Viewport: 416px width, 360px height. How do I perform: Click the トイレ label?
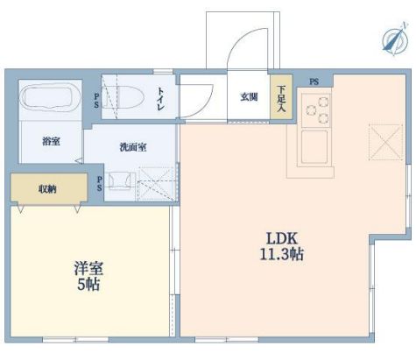[163, 97]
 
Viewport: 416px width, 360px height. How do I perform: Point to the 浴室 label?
[50, 140]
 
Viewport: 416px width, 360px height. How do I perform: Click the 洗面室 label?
[133, 146]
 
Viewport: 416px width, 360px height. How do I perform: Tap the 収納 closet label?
[48, 187]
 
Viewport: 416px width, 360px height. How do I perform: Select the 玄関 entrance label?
[248, 97]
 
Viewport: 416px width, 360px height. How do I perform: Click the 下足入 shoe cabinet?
[281, 98]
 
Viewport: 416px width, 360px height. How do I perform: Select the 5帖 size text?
[88, 286]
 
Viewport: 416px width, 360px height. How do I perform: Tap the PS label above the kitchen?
[313, 81]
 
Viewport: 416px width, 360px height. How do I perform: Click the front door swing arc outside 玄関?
[248, 48]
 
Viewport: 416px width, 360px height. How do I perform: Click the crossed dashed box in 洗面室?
[157, 187]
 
